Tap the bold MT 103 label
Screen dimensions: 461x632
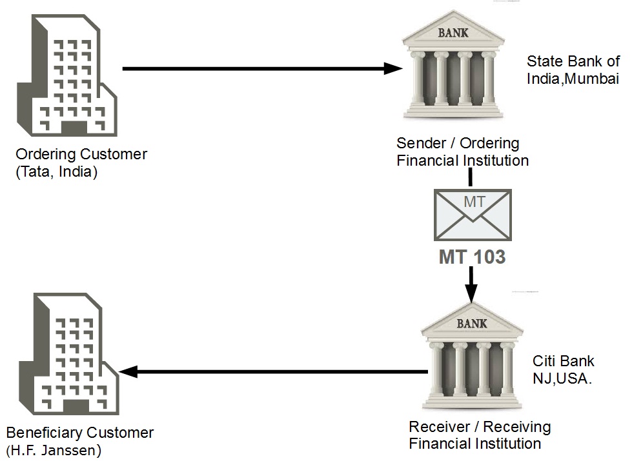(x=472, y=257)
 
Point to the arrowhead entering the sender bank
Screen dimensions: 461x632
(x=391, y=69)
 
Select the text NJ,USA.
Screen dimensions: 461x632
(x=562, y=378)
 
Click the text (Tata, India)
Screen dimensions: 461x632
(x=57, y=172)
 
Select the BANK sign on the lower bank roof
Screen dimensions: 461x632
(x=472, y=324)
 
